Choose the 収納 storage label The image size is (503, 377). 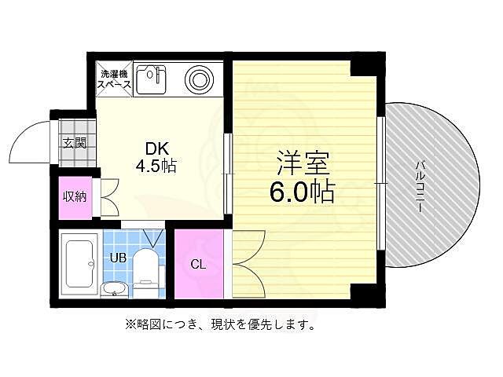(75, 196)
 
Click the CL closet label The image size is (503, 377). (199, 264)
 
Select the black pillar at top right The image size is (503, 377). (362, 64)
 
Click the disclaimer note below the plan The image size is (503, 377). (219, 324)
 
